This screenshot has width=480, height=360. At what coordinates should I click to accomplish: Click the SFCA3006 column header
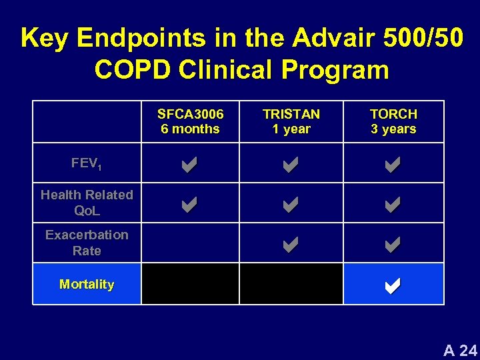tap(190, 121)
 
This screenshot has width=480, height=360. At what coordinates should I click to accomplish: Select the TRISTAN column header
tap(291, 121)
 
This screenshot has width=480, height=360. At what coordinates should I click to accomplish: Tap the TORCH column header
tap(393, 121)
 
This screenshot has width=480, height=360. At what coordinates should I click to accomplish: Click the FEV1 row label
tap(87, 163)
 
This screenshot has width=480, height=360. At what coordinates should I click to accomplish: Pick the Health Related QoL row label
tap(87, 203)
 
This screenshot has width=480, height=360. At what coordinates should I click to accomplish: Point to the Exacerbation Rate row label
tap(87, 243)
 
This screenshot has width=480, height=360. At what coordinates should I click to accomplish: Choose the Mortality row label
tap(87, 284)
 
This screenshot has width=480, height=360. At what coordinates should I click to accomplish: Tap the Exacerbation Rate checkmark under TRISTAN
tap(291, 245)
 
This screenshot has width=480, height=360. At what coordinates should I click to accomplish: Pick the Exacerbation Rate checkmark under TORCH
tap(393, 245)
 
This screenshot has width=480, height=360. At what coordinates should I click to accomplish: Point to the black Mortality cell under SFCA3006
tap(190, 284)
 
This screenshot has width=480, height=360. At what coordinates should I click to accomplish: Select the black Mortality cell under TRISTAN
tap(291, 284)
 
